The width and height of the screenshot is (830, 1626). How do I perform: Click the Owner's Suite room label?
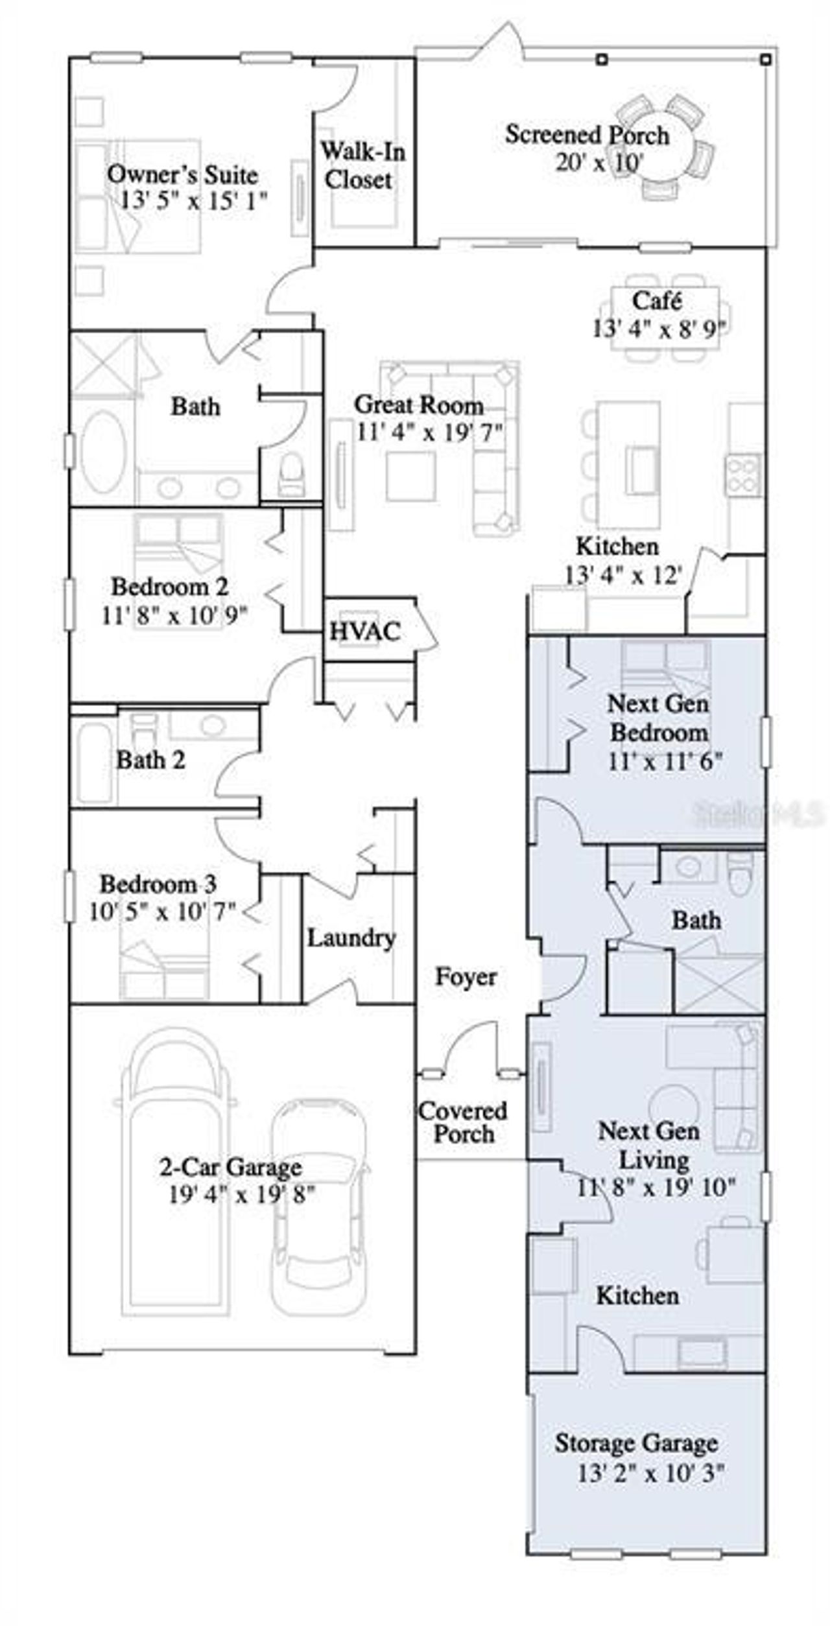point(182,174)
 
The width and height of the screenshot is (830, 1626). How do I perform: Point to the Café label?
point(657,301)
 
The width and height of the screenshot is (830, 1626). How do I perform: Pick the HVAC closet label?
point(365,631)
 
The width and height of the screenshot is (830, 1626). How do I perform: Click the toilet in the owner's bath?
point(290,473)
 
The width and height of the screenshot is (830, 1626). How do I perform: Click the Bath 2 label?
point(150,759)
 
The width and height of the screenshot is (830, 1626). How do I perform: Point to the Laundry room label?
point(351,937)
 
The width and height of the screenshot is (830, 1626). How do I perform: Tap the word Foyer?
point(466,976)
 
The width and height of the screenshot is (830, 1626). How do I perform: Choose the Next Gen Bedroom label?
point(658,718)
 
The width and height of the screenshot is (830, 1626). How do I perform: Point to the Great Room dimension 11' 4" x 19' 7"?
point(429,432)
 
